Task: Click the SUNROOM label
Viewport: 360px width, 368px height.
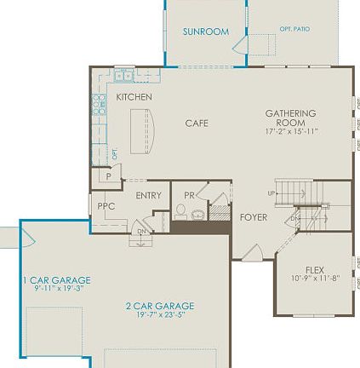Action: [205, 32]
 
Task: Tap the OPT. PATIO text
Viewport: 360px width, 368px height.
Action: [294, 29]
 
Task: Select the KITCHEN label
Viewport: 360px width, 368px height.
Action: [134, 97]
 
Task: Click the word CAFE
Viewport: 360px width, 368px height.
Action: [197, 124]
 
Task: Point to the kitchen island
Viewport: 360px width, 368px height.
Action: [142, 131]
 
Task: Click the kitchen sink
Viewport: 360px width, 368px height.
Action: [124, 75]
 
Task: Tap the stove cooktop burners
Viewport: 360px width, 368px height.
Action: [99, 104]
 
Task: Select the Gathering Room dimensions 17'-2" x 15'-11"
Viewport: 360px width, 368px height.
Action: [291, 132]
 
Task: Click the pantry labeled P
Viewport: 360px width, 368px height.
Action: [108, 176]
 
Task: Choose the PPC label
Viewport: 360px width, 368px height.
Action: [106, 206]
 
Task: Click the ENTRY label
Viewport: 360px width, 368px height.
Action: [148, 196]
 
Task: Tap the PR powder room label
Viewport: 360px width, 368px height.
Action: [189, 195]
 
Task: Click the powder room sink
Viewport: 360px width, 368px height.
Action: [197, 214]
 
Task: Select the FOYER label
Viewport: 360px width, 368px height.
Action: [253, 217]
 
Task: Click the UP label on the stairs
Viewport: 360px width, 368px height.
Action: [271, 193]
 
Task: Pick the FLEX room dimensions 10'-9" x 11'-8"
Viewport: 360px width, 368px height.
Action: [314, 279]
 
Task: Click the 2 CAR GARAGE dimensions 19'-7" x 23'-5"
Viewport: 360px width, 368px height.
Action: [159, 314]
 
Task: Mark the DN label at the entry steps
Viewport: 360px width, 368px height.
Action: [141, 231]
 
